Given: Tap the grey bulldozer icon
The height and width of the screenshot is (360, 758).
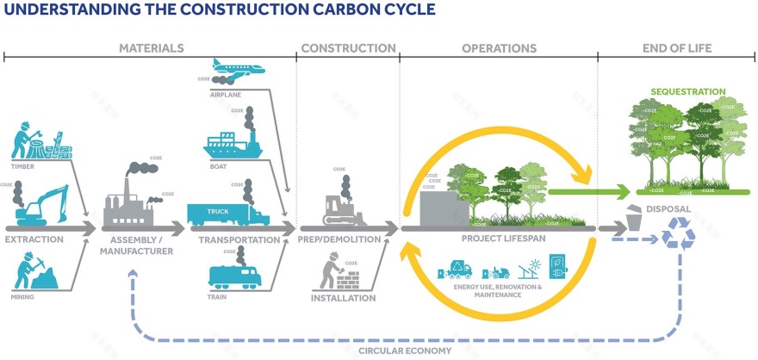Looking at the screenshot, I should (x=342, y=209).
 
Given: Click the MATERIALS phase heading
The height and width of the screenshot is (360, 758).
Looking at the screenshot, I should (x=151, y=48).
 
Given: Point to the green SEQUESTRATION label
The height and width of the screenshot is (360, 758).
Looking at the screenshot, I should (x=687, y=90).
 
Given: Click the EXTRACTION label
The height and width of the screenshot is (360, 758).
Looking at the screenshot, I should (x=34, y=239).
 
